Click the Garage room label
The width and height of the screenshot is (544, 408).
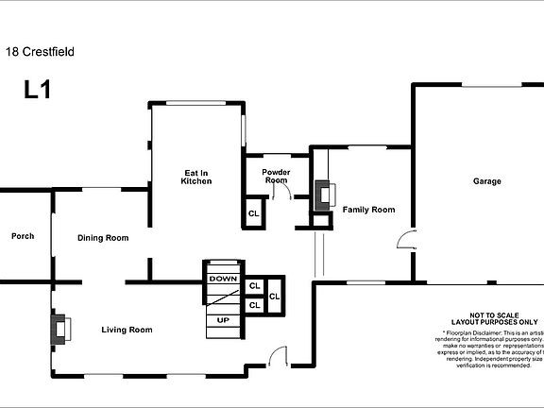[487, 181]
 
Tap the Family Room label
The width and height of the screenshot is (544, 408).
[368, 210]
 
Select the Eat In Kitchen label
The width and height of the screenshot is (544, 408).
[197, 177]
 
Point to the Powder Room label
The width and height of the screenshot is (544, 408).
[276, 176]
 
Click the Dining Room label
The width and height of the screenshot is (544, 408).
[103, 238]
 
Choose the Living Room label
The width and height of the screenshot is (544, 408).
[127, 330]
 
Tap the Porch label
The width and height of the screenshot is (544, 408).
[23, 236]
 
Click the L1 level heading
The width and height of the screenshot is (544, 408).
[38, 91]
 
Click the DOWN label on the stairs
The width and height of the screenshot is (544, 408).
[223, 279]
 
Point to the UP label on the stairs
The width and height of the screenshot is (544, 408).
[224, 320]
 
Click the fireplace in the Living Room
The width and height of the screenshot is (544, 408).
[60, 330]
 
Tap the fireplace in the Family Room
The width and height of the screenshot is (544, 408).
[326, 195]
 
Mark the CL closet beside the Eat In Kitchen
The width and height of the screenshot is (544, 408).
[254, 213]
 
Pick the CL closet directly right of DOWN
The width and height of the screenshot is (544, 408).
[254, 285]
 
